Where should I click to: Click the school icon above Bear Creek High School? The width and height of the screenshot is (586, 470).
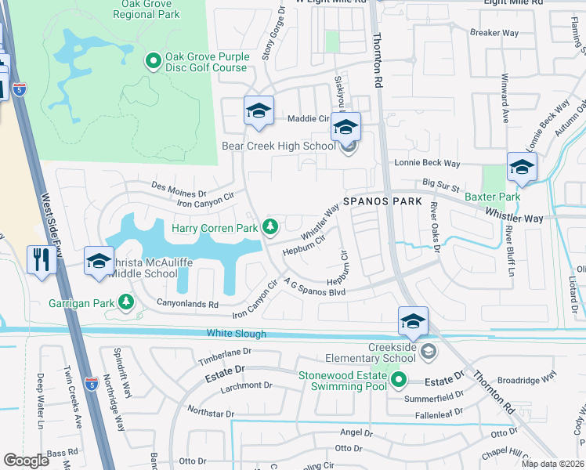[345, 126]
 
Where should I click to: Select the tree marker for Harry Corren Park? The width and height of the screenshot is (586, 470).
[270, 227]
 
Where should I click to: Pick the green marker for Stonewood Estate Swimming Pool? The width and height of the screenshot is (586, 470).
[399, 381]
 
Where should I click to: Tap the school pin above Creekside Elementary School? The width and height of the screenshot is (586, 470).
[413, 321]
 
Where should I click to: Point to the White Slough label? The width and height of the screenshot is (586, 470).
[237, 334]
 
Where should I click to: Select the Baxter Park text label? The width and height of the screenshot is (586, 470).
[492, 197]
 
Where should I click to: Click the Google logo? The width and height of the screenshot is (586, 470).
[27, 461]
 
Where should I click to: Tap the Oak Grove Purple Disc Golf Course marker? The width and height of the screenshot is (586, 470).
[153, 60]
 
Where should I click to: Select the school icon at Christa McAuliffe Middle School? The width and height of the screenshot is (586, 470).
[99, 262]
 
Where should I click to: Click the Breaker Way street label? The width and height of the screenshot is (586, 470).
[494, 33]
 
